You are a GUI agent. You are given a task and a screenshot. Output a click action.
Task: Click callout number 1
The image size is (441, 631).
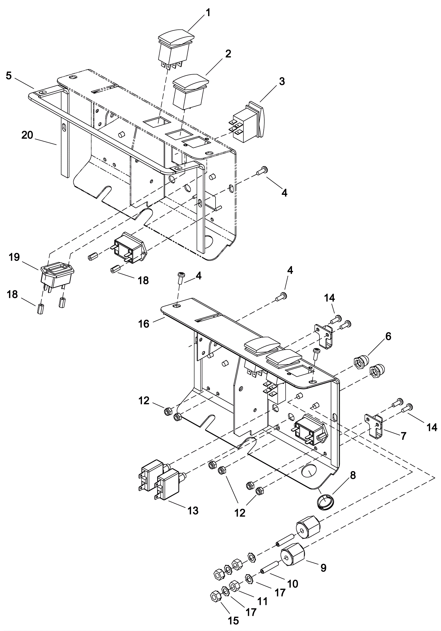point(208,13)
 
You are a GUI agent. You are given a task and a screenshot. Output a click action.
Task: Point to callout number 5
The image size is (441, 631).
point(9,75)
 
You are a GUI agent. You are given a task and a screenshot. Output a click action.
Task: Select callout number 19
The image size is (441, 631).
point(14,257)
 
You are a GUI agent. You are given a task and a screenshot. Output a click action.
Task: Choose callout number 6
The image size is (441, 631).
point(388,336)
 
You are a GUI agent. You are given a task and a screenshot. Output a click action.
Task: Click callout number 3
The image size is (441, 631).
point(282,81)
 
